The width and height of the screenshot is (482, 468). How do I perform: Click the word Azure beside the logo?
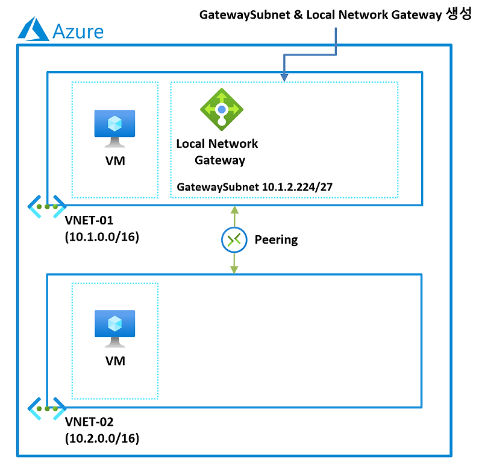(x=78, y=31)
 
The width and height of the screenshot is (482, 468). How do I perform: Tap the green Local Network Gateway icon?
(x=221, y=110)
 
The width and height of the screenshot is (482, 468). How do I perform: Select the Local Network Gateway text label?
(x=217, y=152)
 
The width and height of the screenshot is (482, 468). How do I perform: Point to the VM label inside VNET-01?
(x=114, y=161)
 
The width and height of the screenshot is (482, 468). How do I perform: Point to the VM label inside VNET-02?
(x=114, y=361)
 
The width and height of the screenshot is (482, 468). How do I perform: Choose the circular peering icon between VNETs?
(x=233, y=240)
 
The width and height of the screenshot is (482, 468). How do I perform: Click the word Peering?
(x=276, y=240)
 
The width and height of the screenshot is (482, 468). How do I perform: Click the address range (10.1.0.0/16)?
(x=102, y=238)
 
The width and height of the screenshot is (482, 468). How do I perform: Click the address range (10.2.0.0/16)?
(x=102, y=438)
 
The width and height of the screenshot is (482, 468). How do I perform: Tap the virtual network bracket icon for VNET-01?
(x=46, y=206)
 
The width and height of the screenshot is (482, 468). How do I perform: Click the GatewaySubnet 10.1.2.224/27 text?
(x=254, y=187)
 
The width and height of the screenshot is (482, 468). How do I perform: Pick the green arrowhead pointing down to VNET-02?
(x=233, y=269)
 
